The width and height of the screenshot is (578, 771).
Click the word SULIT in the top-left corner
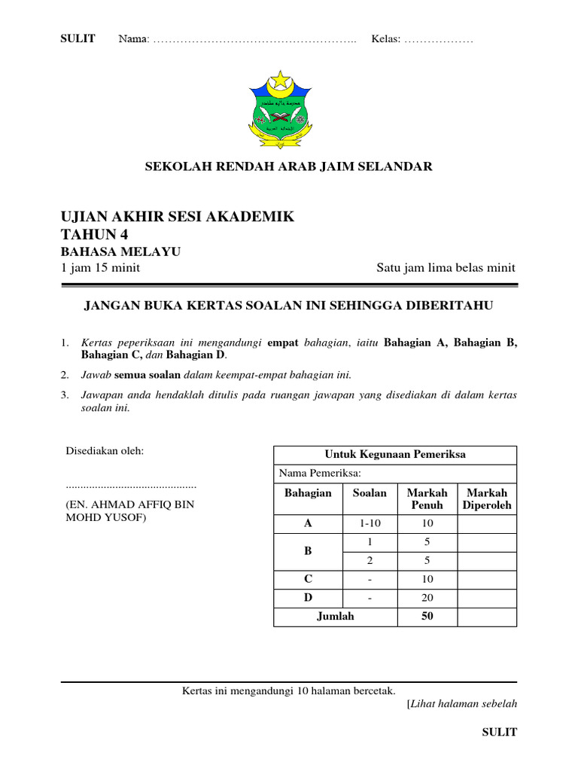pyautogui.click(x=78, y=39)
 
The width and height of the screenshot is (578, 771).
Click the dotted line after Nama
pyautogui.click(x=255, y=40)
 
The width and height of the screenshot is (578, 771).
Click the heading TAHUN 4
pyautogui.click(x=94, y=234)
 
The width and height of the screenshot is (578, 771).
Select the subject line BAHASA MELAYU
pyautogui.click(x=120, y=251)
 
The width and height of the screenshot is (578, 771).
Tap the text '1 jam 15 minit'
pyautogui.click(x=100, y=268)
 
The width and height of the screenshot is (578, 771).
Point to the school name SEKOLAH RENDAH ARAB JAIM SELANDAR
pyautogui.click(x=289, y=166)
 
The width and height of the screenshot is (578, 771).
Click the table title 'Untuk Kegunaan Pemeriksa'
pyautogui.click(x=395, y=454)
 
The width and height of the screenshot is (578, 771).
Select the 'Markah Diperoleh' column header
pyautogui.click(x=487, y=499)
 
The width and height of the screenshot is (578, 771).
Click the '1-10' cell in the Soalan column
pyautogui.click(x=370, y=523)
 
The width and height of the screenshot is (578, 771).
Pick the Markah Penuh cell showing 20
pyautogui.click(x=427, y=598)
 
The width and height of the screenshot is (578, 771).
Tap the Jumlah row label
pyautogui.click(x=335, y=617)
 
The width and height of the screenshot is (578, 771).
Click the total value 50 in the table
pyautogui.click(x=427, y=617)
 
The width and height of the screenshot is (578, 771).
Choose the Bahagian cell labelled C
pyautogui.click(x=308, y=579)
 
